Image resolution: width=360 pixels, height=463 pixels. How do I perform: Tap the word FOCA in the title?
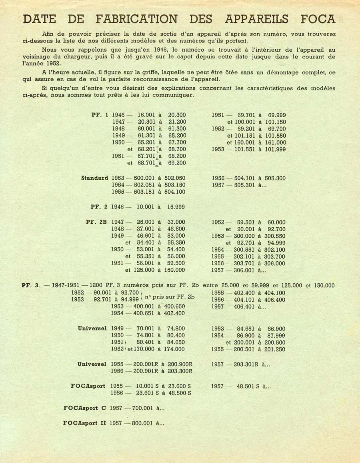point(314,19)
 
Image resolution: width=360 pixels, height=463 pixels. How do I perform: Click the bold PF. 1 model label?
point(100,115)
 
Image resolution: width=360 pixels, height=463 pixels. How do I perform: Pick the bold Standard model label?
point(94,178)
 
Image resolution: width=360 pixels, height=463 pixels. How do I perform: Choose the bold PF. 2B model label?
point(96,222)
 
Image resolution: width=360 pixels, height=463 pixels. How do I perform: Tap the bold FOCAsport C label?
point(84,408)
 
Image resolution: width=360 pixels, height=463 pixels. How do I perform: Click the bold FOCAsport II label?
point(84,423)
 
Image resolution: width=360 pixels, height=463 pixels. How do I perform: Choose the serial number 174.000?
point(175,349)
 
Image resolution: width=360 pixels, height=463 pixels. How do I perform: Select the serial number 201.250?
point(275,349)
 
